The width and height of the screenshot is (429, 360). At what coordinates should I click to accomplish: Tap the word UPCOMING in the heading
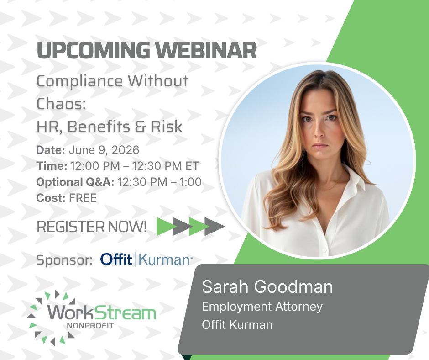click(93, 50)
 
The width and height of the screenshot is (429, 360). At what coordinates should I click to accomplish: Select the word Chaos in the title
click(61, 104)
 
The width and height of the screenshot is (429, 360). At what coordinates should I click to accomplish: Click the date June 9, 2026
click(104, 150)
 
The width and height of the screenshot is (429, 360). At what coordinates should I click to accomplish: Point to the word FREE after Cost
click(83, 198)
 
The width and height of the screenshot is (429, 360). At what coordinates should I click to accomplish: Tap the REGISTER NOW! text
click(92, 227)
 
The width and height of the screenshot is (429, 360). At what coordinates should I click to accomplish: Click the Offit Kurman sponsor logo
click(146, 259)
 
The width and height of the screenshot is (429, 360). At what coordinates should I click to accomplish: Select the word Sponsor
click(64, 260)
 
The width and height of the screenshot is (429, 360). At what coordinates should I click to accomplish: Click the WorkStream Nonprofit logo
click(91, 318)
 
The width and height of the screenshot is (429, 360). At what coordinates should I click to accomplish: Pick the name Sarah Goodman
click(267, 287)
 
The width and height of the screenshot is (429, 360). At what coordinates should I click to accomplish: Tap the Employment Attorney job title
click(262, 307)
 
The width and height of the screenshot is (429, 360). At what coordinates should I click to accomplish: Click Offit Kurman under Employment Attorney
click(237, 325)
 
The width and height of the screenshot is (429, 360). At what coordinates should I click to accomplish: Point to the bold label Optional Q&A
click(75, 182)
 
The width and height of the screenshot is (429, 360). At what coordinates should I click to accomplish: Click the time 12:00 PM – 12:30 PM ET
click(134, 166)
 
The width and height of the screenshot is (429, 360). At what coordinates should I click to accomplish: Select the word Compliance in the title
click(79, 82)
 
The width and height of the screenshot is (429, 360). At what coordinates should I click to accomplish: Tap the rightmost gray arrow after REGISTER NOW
click(215, 226)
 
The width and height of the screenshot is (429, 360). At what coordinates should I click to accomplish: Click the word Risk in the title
click(167, 127)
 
